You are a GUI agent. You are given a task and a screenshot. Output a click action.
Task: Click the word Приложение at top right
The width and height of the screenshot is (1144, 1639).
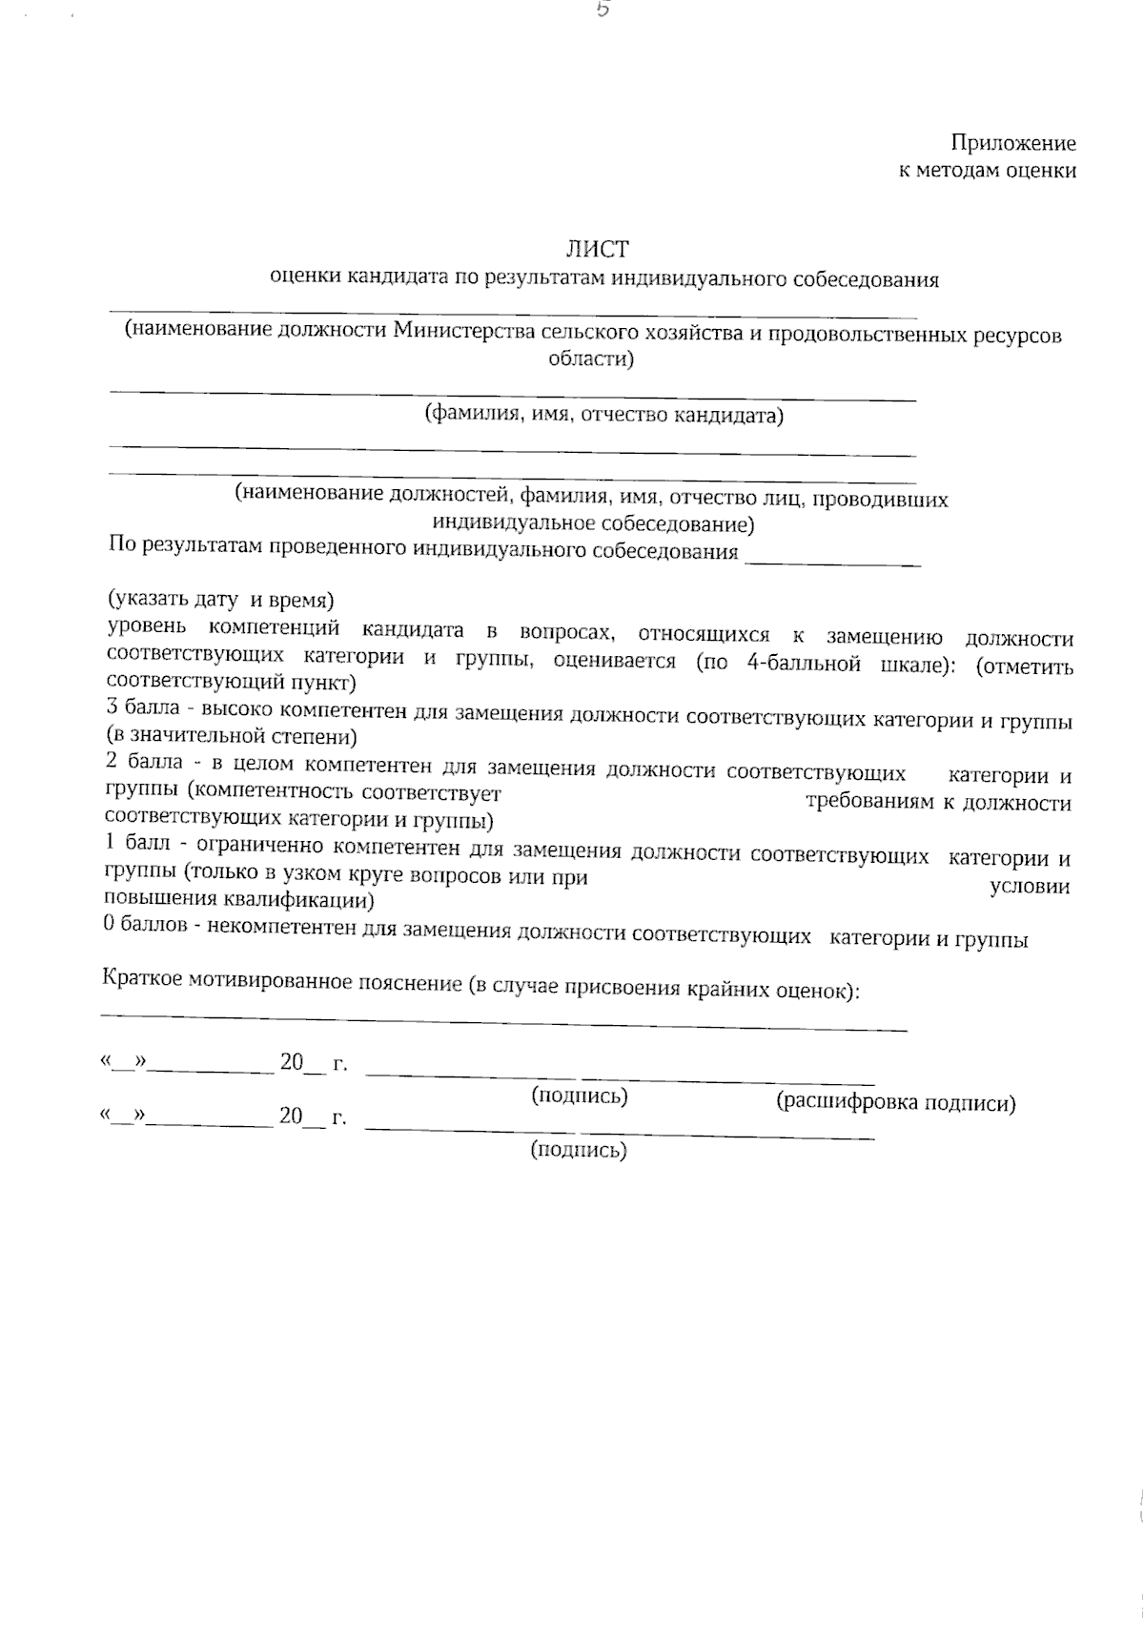[1012, 144]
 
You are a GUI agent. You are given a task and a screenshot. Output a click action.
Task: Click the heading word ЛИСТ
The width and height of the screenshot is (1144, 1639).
[598, 250]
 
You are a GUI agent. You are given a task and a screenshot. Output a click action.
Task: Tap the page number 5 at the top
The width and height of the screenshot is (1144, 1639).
[602, 11]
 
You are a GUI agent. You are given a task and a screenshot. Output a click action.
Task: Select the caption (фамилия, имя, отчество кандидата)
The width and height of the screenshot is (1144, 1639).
[603, 415]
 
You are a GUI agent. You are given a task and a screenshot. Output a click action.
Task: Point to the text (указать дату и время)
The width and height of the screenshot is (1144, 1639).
[219, 601]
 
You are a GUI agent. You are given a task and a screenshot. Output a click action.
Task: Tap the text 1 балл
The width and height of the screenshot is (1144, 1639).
[136, 846]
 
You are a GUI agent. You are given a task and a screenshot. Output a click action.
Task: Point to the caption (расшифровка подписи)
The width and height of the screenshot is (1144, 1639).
[895, 1103]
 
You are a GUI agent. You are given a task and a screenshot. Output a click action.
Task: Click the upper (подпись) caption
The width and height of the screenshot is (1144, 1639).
[579, 1096]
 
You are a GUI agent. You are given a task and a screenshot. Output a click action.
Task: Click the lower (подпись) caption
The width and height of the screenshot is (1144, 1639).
[579, 1151]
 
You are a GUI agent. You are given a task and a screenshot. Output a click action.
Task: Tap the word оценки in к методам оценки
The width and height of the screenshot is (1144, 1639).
[1041, 172]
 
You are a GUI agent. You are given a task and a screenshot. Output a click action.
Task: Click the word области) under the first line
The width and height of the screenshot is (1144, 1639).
[591, 359]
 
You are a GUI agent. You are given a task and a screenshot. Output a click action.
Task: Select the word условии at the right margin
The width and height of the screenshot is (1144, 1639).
[1030, 887]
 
